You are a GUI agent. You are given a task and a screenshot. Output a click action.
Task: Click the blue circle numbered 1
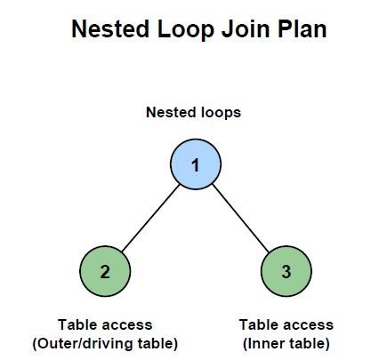click(x=196, y=164)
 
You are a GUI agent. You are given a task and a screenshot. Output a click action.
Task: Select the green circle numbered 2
click(x=105, y=271)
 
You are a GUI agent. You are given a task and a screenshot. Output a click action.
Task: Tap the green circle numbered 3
click(x=286, y=271)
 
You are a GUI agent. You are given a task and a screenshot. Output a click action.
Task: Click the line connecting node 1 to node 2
click(x=151, y=218)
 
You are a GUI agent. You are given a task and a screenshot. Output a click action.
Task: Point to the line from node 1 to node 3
click(x=241, y=218)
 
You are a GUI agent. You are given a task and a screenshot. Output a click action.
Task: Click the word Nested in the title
click(x=110, y=29)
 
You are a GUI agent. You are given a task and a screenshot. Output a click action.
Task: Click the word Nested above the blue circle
click(x=172, y=113)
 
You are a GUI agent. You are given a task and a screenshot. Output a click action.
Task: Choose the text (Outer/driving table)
click(x=105, y=344)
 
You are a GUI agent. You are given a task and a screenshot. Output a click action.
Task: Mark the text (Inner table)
click(x=286, y=344)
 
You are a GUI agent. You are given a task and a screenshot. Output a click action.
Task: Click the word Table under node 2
click(x=74, y=324)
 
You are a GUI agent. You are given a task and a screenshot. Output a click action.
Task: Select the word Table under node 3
click(x=255, y=324)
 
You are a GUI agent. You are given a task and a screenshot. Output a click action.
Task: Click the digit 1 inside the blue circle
click(x=195, y=165)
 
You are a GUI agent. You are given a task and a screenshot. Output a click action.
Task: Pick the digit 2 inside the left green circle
click(x=105, y=272)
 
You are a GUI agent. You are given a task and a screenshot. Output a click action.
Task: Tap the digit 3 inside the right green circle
click(x=286, y=272)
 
